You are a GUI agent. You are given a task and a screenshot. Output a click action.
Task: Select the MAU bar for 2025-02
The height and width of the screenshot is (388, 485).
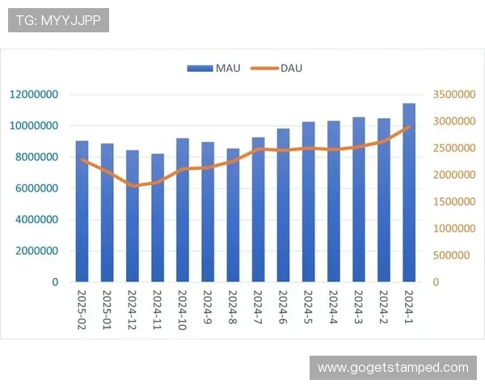[82, 212]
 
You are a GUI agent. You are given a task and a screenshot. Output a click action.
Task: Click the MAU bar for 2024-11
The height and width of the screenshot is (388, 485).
[157, 218]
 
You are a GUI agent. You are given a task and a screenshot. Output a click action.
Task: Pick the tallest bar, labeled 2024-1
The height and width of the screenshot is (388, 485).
[409, 193]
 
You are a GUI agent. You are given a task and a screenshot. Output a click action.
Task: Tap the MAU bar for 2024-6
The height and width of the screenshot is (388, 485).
[283, 205]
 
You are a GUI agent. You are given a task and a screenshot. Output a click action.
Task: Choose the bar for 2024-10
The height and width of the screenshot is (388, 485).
[182, 210]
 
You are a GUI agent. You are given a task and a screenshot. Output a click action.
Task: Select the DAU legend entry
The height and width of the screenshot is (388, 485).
[280, 68]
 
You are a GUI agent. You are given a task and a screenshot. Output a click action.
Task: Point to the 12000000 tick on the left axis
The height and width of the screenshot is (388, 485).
[34, 95]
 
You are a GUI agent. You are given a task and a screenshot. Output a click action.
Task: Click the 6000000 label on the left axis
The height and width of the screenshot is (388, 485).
[34, 188]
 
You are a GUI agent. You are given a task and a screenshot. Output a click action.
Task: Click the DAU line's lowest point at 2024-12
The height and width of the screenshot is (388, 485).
[132, 186]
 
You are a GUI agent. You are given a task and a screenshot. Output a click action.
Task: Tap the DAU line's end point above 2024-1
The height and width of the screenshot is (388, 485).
[409, 127]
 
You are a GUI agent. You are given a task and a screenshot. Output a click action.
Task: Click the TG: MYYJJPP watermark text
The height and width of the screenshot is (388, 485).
[58, 20]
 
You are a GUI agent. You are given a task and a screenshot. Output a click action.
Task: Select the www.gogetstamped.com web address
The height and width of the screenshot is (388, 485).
[393, 368]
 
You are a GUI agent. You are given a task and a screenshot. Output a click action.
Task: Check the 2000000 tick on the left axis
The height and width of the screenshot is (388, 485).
[34, 251]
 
